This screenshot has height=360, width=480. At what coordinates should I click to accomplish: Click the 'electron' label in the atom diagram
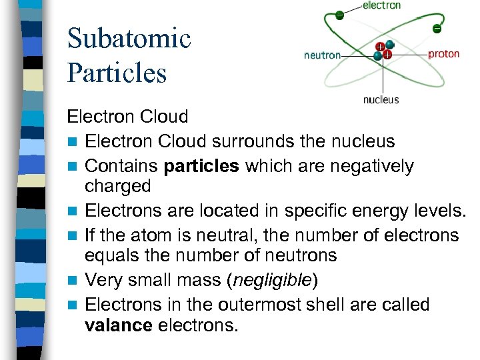pos(381,5)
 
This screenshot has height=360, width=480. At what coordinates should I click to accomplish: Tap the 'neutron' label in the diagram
pos(322,55)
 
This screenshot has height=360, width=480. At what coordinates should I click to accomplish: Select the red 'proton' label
pos(443,54)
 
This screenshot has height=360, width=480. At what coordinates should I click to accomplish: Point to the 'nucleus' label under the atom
pos(381,100)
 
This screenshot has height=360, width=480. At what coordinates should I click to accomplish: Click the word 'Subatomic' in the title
pos(129,38)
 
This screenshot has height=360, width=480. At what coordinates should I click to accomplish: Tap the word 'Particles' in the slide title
pos(117,72)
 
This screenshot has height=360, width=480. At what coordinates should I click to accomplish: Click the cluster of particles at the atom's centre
pos(383,51)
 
